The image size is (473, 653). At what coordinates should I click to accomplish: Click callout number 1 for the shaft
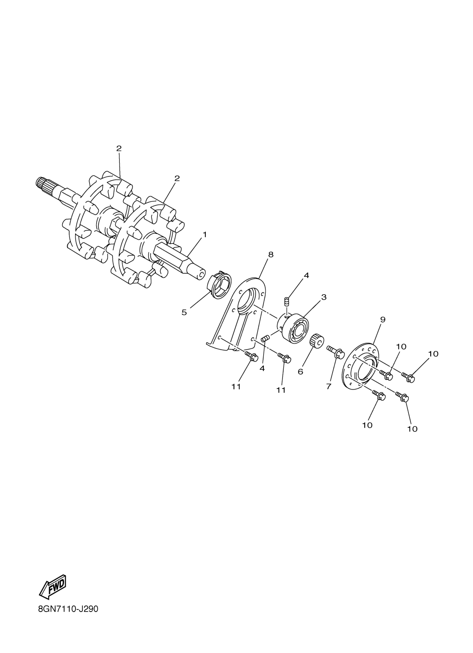point(205,235)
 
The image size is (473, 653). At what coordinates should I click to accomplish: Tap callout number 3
point(324,297)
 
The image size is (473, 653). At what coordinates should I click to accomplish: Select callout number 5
point(184,312)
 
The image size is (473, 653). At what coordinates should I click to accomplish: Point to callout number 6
point(300,372)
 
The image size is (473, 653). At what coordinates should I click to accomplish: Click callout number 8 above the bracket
point(271,255)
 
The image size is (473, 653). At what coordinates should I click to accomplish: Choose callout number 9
point(382,319)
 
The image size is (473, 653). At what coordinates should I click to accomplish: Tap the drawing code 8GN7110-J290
point(68,617)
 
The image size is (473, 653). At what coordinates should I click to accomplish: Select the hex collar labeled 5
point(219,285)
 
